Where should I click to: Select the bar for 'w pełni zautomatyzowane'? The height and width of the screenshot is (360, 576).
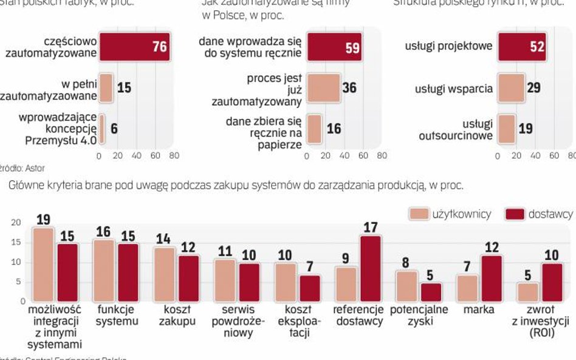tap(106, 88)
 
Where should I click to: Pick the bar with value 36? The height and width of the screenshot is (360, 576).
tap(323, 88)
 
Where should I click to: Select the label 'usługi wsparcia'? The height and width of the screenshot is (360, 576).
tap(454, 89)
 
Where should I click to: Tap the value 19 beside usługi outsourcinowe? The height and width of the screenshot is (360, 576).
tap(526, 129)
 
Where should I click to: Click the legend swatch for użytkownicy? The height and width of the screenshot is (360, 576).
tap(419, 214)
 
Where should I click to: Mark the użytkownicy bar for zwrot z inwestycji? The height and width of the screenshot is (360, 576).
tap(529, 291)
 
